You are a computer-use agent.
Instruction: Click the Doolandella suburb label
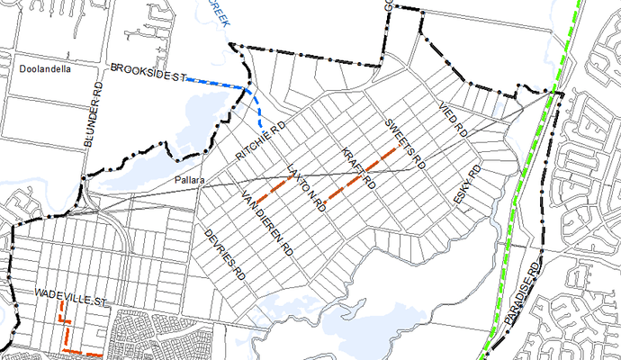click(42, 68)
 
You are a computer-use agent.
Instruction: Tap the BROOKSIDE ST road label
click(147, 73)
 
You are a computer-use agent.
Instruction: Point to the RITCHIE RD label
click(260, 141)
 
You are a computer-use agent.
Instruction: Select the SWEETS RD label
click(403, 144)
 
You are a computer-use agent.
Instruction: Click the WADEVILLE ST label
click(71, 294)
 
